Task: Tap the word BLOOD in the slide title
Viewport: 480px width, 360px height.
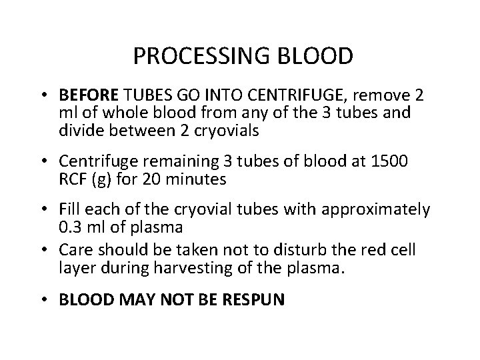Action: click(316, 56)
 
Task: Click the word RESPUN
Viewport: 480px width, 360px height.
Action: click(253, 299)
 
